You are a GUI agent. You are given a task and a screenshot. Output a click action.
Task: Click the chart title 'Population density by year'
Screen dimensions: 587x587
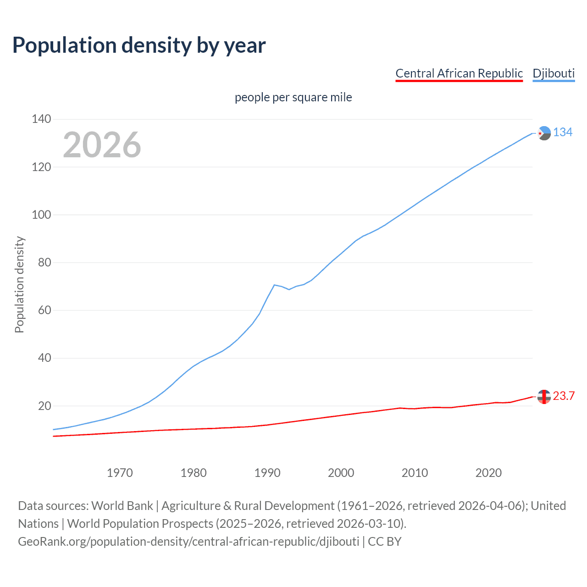point(139,45)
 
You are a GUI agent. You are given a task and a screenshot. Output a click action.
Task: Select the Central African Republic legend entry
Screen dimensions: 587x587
point(459,73)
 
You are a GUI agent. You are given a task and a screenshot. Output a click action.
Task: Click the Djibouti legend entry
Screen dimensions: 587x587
point(554,73)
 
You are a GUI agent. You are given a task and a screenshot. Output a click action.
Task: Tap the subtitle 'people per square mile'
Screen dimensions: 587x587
point(293,97)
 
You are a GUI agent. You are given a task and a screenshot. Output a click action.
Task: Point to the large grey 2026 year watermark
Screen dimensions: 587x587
point(102,145)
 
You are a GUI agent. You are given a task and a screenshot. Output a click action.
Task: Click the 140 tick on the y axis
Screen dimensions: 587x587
point(41,119)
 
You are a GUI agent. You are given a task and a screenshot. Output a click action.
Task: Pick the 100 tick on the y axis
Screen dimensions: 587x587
point(41,215)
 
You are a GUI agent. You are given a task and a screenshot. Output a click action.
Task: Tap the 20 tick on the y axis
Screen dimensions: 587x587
point(44,406)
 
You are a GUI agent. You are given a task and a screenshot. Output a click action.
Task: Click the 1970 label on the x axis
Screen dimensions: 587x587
point(120,473)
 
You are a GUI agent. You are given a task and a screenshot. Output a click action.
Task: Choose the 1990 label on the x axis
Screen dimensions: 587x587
point(267,473)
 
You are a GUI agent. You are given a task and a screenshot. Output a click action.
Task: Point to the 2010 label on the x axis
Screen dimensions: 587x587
point(415,473)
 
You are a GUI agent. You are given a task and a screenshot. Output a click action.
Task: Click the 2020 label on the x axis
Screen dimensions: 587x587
point(488,473)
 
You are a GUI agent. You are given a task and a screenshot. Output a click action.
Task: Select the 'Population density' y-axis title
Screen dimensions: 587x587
point(19,284)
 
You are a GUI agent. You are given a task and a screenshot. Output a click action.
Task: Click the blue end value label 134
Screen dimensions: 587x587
point(563,133)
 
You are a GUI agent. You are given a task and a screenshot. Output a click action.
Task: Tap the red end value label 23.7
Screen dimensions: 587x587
point(564,396)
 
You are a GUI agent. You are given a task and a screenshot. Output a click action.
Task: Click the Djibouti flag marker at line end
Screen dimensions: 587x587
point(544,133)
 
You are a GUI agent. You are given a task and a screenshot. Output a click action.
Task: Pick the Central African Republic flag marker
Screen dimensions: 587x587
point(544,397)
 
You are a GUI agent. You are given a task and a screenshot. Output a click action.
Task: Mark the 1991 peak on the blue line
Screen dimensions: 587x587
point(274,285)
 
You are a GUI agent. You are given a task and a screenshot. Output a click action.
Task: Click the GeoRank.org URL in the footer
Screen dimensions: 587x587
point(188,542)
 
